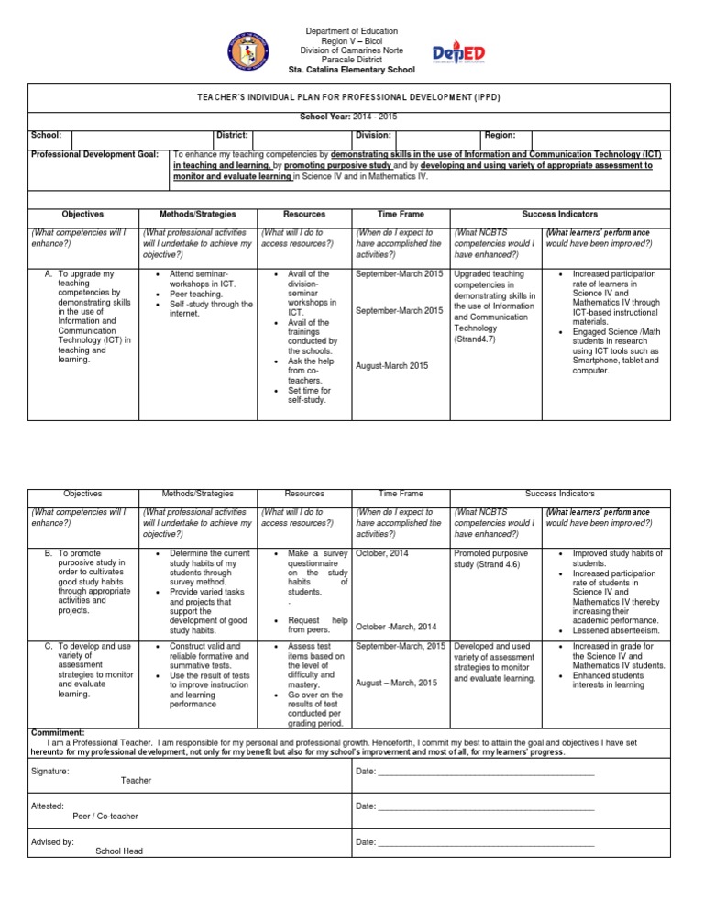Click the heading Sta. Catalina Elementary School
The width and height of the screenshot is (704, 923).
[x=351, y=70]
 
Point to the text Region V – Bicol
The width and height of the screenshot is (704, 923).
[x=351, y=41]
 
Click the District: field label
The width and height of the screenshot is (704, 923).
[x=233, y=134]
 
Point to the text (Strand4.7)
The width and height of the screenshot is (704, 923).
[x=478, y=339]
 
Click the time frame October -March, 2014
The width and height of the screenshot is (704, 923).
[x=396, y=627]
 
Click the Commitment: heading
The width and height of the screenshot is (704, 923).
[x=58, y=733]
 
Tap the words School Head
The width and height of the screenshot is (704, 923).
[x=119, y=851]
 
